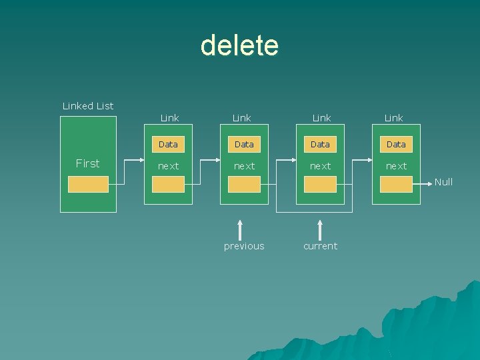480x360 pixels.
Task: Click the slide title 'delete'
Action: tap(239, 45)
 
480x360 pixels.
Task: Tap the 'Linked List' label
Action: tap(88, 106)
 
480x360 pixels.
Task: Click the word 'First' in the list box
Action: tap(88, 163)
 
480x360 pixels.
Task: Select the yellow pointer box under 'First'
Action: tap(88, 185)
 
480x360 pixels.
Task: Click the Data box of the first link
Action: tap(168, 144)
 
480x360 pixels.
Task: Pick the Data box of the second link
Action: tap(244, 144)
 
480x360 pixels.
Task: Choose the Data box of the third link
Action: tap(320, 144)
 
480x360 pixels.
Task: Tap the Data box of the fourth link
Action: tap(396, 144)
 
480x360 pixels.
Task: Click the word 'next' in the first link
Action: tap(168, 166)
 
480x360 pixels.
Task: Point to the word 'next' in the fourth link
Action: tap(396, 166)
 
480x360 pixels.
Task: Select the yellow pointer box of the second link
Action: tap(244, 185)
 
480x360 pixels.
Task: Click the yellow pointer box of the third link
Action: tap(320, 185)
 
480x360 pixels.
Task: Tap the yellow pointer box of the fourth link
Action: tap(396, 185)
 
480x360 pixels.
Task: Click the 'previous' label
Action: tap(244, 246)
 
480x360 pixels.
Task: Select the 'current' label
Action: tap(320, 246)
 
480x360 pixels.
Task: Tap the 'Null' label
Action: tap(443, 182)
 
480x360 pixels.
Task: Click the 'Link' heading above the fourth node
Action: tap(393, 118)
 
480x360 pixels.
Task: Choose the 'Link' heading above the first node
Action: tap(169, 118)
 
